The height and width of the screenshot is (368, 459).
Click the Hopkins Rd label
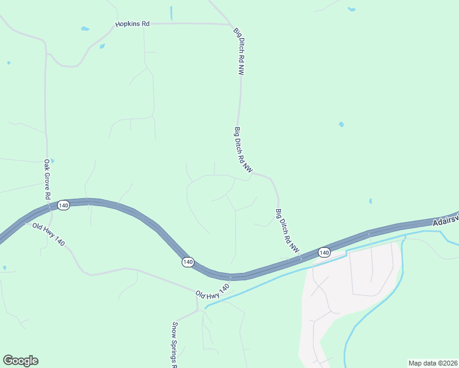click(132, 24)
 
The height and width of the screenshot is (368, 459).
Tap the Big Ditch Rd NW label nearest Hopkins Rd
click(239, 51)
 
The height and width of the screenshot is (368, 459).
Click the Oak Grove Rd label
click(47, 179)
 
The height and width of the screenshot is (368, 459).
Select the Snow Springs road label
click(175, 343)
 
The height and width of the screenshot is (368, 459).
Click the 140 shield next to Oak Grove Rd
click(63, 205)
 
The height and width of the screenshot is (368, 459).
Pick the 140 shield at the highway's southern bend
click(188, 262)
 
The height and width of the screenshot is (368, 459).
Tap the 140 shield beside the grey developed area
click(324, 252)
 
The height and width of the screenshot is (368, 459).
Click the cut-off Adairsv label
click(445, 221)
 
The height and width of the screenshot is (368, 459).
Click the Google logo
click(20, 361)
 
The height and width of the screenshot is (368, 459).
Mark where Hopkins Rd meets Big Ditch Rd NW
click(231, 25)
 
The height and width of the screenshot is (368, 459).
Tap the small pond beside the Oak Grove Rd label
click(52, 161)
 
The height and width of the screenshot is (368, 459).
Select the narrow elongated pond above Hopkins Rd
click(171, 12)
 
